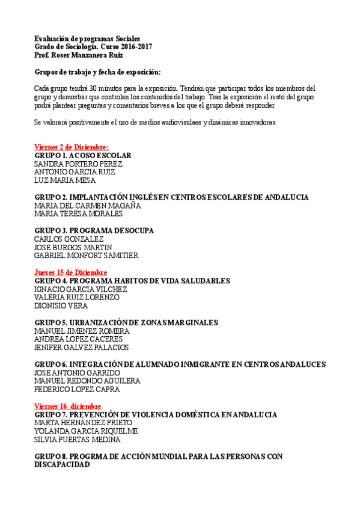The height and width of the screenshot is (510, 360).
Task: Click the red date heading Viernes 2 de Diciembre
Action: point(72,147)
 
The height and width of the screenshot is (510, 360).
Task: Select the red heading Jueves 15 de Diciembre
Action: point(71,272)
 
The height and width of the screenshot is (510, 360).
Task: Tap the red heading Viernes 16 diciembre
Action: point(68,407)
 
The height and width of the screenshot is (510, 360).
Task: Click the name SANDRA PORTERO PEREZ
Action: point(78,164)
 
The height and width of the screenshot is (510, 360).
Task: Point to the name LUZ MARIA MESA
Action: point(65,180)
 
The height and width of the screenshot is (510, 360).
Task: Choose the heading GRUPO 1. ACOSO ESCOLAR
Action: point(83,155)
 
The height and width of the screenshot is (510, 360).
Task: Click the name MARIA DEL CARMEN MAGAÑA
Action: point(88,206)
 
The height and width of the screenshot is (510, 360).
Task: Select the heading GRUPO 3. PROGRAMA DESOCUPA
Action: point(94,230)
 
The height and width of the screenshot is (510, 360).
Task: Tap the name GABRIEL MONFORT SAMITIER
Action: point(86,256)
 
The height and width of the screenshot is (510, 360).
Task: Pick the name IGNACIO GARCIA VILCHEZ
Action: point(81,289)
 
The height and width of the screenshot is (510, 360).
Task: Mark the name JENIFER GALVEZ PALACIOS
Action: point(81,348)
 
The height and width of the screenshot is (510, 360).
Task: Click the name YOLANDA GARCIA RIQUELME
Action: point(86,431)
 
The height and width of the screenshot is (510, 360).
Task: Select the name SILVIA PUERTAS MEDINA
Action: point(78,440)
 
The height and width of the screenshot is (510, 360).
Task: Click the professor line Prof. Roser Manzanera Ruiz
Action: point(79,55)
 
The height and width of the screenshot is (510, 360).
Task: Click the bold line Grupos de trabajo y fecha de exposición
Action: point(97,72)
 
